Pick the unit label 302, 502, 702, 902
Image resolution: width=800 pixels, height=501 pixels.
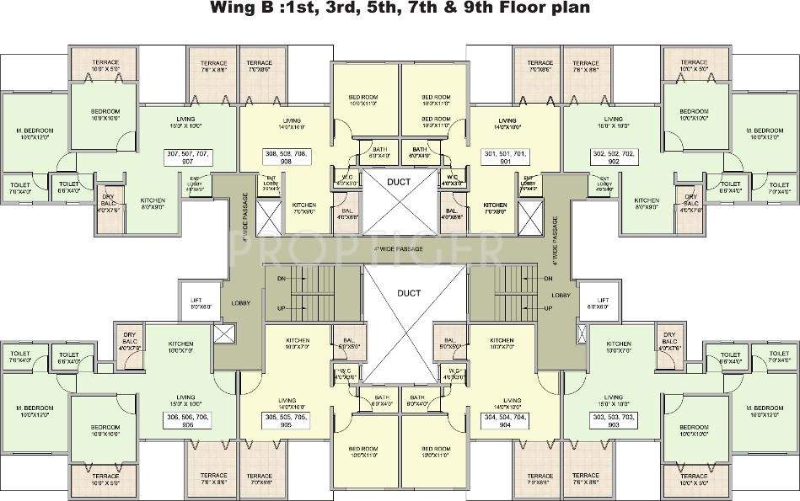pos(613,158)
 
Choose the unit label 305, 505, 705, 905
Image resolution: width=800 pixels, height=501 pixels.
pos(287,421)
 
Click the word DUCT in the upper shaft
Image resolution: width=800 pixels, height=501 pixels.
pos(400,183)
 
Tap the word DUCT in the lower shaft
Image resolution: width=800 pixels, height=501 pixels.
pos(400,293)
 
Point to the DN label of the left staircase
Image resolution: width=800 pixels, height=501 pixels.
pos(281,279)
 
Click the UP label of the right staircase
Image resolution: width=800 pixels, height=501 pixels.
pos(548,308)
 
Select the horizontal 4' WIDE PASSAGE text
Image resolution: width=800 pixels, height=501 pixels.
pos(399,250)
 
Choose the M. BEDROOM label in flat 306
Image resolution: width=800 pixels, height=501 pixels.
pos(35,411)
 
